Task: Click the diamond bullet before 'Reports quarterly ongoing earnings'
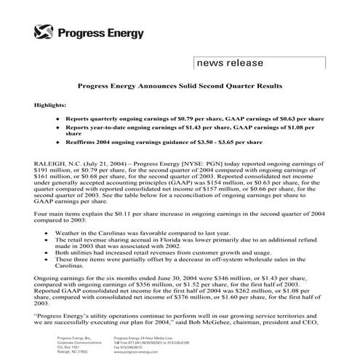coord(58,117)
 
